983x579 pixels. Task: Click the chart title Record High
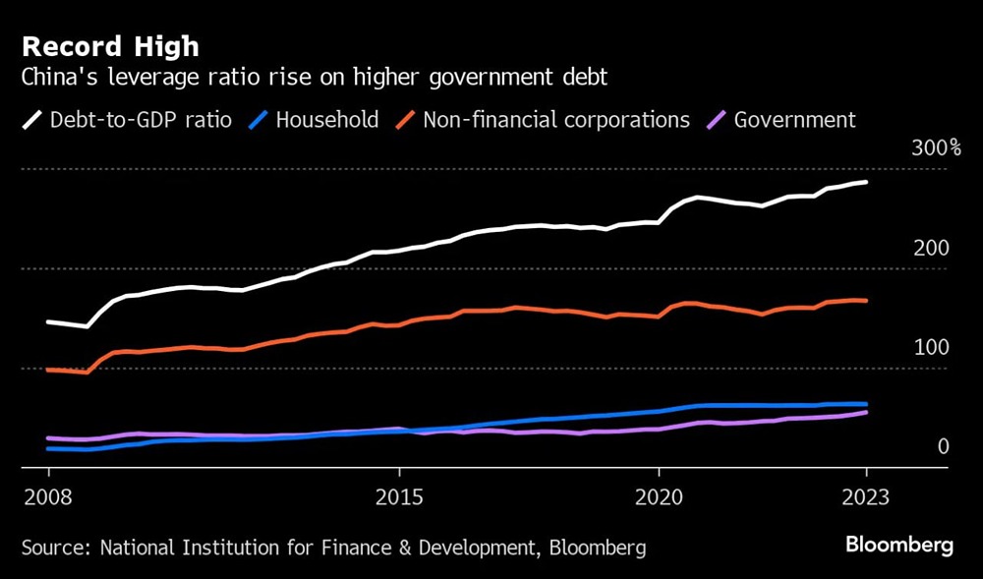click(x=110, y=46)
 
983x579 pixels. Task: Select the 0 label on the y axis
click(x=943, y=447)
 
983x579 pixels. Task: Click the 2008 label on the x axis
click(x=49, y=496)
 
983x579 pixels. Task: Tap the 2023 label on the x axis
click(x=865, y=496)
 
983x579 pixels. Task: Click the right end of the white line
click(x=866, y=182)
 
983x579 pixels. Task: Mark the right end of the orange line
click(x=866, y=301)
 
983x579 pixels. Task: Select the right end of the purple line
click(x=866, y=412)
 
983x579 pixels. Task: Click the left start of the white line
click(x=48, y=321)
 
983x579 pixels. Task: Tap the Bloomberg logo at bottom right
click(x=899, y=546)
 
